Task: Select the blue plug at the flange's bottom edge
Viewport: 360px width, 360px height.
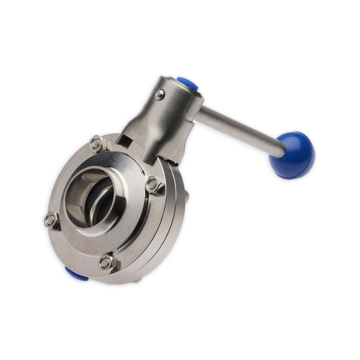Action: pos(74,275)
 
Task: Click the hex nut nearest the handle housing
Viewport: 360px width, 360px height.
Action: pos(96,143)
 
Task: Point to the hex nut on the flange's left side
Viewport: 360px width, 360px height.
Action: pos(52,220)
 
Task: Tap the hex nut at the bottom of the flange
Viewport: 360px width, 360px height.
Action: pos(107,262)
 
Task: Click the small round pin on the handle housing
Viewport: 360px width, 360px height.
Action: pos(159,94)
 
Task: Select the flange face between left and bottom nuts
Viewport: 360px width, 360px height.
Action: pos(72,246)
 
